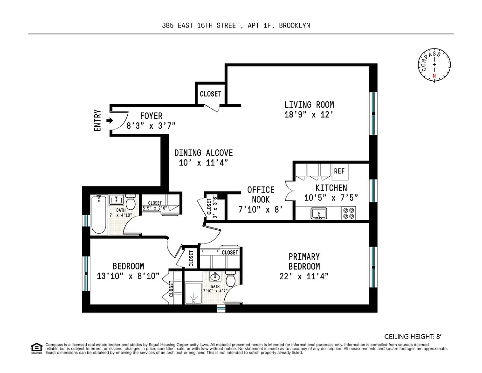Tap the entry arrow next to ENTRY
coord(110,121)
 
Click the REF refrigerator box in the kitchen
coord(339,171)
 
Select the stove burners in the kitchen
coord(348,214)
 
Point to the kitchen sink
coord(319,214)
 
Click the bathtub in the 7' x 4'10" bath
coord(99,214)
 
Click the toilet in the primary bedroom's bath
coord(230,280)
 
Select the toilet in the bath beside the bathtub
coord(131,203)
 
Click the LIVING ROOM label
coord(309,104)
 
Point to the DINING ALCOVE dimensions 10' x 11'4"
coord(203,163)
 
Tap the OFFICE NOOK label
coord(261,194)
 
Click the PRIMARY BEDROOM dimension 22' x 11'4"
coord(304,276)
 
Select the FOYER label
coord(151,116)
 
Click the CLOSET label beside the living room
coord(210,94)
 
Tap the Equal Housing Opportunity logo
coord(36,348)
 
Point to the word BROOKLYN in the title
coord(294,26)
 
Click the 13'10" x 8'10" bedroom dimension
coord(128,276)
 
